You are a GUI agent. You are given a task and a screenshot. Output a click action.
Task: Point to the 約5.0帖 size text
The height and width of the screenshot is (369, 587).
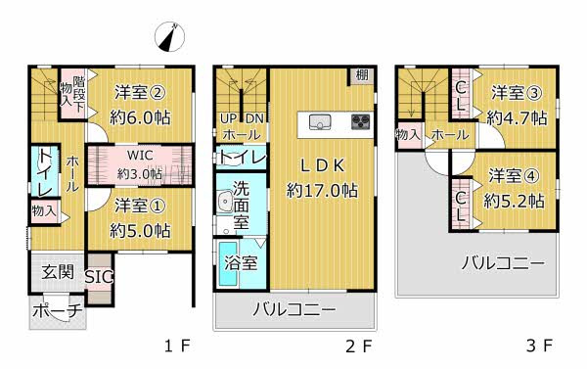click(139, 231)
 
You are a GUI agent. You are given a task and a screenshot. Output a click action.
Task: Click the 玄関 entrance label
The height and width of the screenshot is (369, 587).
click(57, 271)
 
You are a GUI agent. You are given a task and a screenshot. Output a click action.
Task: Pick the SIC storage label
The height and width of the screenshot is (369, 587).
click(99, 277)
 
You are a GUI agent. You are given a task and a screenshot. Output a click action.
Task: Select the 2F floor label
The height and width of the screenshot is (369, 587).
click(359, 346)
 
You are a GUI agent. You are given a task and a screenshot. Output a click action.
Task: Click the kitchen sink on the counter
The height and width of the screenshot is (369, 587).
click(320, 122)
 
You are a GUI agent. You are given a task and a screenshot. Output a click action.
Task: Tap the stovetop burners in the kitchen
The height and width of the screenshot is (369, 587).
click(357, 122)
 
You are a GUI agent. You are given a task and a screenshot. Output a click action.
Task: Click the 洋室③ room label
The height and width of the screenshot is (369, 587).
click(515, 94)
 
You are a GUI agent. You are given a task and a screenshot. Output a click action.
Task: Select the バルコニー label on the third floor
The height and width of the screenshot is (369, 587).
click(502, 262)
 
